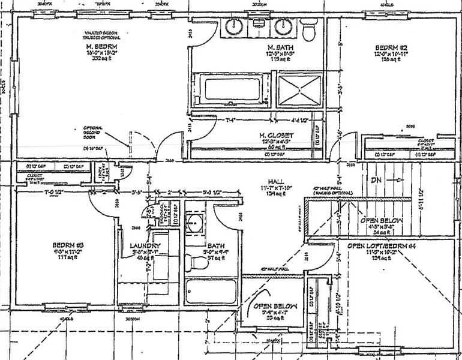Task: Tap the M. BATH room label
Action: point(279,47)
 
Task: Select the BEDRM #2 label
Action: point(391,47)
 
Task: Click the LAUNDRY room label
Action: point(145,246)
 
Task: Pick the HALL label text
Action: point(277,182)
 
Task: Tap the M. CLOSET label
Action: point(276,136)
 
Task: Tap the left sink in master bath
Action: point(233,27)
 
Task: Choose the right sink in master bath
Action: point(283,27)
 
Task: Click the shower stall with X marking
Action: point(299,90)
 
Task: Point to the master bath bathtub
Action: point(232,89)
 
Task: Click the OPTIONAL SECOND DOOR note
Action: point(94,132)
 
